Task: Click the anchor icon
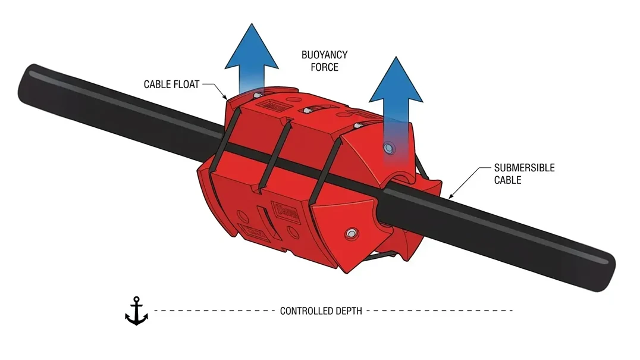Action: tap(136, 311)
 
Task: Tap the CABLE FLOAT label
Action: tap(171, 84)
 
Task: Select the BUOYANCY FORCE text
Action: tap(324, 61)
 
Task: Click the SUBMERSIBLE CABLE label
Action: tap(524, 173)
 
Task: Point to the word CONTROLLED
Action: tap(306, 311)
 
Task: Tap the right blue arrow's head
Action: tap(396, 82)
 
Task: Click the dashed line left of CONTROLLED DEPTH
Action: tap(214, 311)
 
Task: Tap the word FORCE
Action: tap(324, 67)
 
